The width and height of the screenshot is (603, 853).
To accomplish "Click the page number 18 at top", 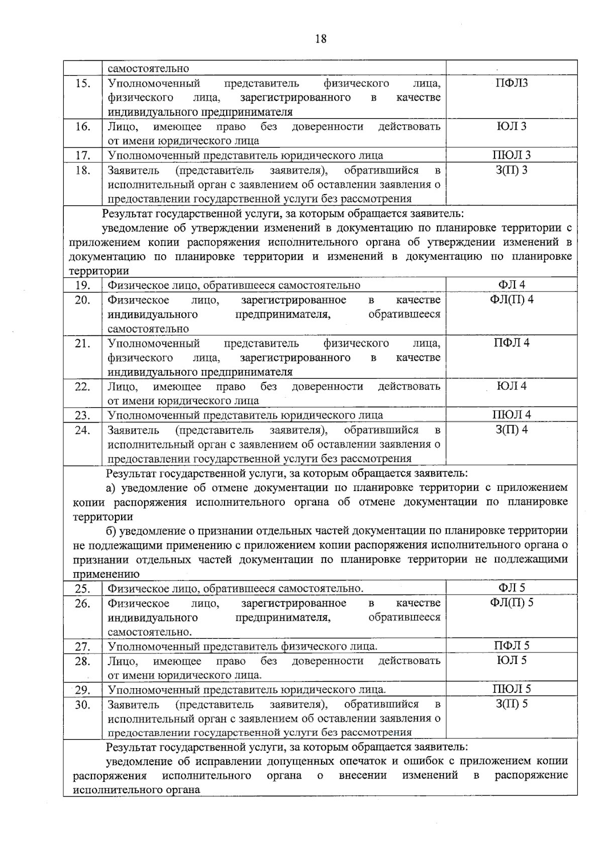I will click(321, 39).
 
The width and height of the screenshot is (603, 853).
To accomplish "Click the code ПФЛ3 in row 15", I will click(512, 83).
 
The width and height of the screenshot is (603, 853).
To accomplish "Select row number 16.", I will click(82, 127).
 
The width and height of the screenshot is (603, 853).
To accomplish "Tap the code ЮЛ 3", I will click(512, 126).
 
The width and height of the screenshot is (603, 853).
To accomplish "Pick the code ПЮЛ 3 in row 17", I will click(512, 155).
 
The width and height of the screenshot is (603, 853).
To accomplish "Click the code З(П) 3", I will click(512, 170).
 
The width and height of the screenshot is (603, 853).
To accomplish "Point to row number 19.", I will click(82, 286).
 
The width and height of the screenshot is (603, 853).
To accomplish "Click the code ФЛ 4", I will click(512, 285).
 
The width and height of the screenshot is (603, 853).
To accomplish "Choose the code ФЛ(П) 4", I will click(512, 300).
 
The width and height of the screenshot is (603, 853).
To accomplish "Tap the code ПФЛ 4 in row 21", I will click(512, 343).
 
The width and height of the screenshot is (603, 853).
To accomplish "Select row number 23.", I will click(82, 415).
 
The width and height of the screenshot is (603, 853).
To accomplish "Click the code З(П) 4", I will click(512, 430).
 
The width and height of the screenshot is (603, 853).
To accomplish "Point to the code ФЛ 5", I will click(512, 588).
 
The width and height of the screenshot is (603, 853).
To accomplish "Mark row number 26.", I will click(82, 603).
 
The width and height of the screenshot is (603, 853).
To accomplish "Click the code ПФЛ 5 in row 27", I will click(512, 645).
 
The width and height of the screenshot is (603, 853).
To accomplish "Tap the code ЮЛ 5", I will click(512, 660).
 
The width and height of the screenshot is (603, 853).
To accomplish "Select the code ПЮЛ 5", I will click(512, 689).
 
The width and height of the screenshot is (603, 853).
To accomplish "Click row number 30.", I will click(82, 705).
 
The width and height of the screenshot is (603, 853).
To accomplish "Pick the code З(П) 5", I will click(512, 704).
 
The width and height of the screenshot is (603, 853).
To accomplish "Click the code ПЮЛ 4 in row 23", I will click(512, 415).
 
